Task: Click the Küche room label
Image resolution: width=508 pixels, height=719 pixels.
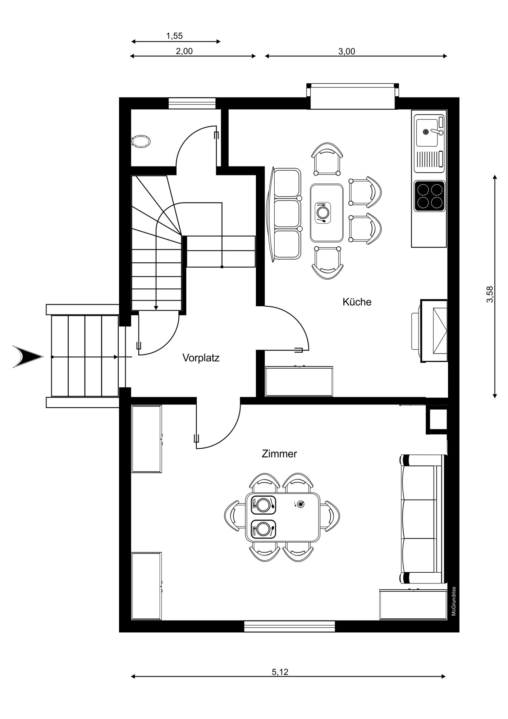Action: pos(357,302)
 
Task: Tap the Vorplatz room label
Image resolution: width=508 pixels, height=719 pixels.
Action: pos(201,358)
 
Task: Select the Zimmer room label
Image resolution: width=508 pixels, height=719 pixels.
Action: pos(279,454)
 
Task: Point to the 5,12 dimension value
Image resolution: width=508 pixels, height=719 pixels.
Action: pos(280,672)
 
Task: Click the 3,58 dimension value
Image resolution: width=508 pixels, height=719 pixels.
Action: pos(490,294)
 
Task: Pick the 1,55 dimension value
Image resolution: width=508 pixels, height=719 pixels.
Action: pos(174,36)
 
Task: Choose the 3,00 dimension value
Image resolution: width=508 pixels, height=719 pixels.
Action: pos(347,51)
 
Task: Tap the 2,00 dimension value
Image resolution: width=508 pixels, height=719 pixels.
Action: pos(184,51)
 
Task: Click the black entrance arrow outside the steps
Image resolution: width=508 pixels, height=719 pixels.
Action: pos(28,357)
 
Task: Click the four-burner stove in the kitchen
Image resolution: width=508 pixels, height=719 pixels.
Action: pos(430,196)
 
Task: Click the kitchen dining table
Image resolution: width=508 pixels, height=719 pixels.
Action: pos(327,213)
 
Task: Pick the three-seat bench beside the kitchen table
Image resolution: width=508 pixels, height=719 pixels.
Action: pos(285,213)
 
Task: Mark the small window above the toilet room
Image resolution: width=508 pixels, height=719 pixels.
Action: pos(192,103)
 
